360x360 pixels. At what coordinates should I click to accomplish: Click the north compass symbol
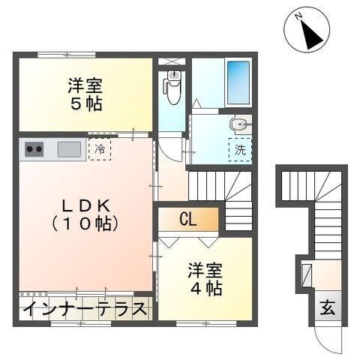click(x=306, y=31)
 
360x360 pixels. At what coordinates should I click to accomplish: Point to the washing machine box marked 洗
click(x=240, y=149)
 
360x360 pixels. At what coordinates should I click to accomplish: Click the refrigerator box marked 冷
click(x=99, y=148)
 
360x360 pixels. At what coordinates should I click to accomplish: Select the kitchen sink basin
click(x=70, y=148)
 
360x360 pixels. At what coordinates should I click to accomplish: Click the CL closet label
click(x=187, y=220)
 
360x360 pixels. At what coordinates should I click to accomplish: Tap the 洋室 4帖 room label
click(x=203, y=279)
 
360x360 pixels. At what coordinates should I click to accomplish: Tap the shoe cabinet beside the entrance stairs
click(x=306, y=273)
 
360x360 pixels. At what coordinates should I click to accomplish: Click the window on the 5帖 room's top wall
click(x=64, y=53)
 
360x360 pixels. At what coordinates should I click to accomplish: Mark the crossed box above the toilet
click(x=172, y=60)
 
